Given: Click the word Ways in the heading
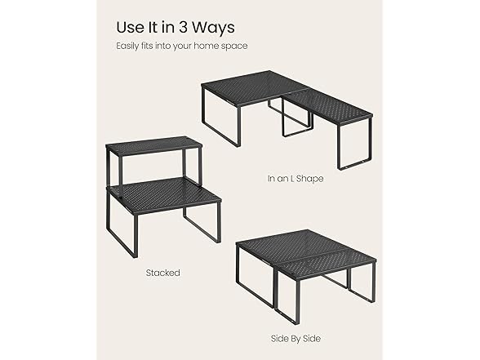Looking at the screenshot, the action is (213, 27).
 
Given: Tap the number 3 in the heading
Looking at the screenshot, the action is (183, 27).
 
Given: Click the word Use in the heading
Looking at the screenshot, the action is (131, 27).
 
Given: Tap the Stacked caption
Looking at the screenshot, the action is (163, 273).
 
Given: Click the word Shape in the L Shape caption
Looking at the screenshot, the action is (310, 179).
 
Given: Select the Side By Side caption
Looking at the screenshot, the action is (296, 338).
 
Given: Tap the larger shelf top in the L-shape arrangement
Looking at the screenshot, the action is (254, 87).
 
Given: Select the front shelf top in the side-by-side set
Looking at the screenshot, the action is (326, 265).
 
